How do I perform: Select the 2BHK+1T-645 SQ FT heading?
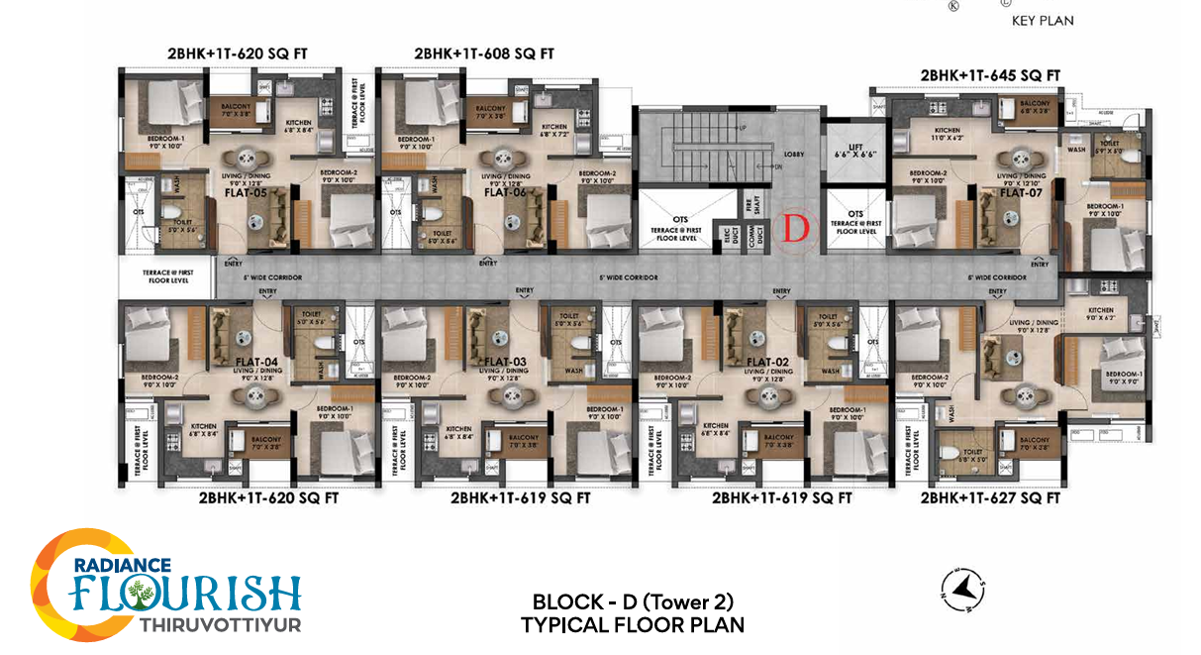(990, 75)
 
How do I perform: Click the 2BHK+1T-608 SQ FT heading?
(483, 54)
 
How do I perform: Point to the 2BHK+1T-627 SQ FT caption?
(990, 498)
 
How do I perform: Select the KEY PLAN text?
(1042, 21)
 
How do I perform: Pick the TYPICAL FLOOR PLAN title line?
(633, 624)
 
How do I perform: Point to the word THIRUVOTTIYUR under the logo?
(220, 625)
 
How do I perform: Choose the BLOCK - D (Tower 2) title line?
(633, 601)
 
